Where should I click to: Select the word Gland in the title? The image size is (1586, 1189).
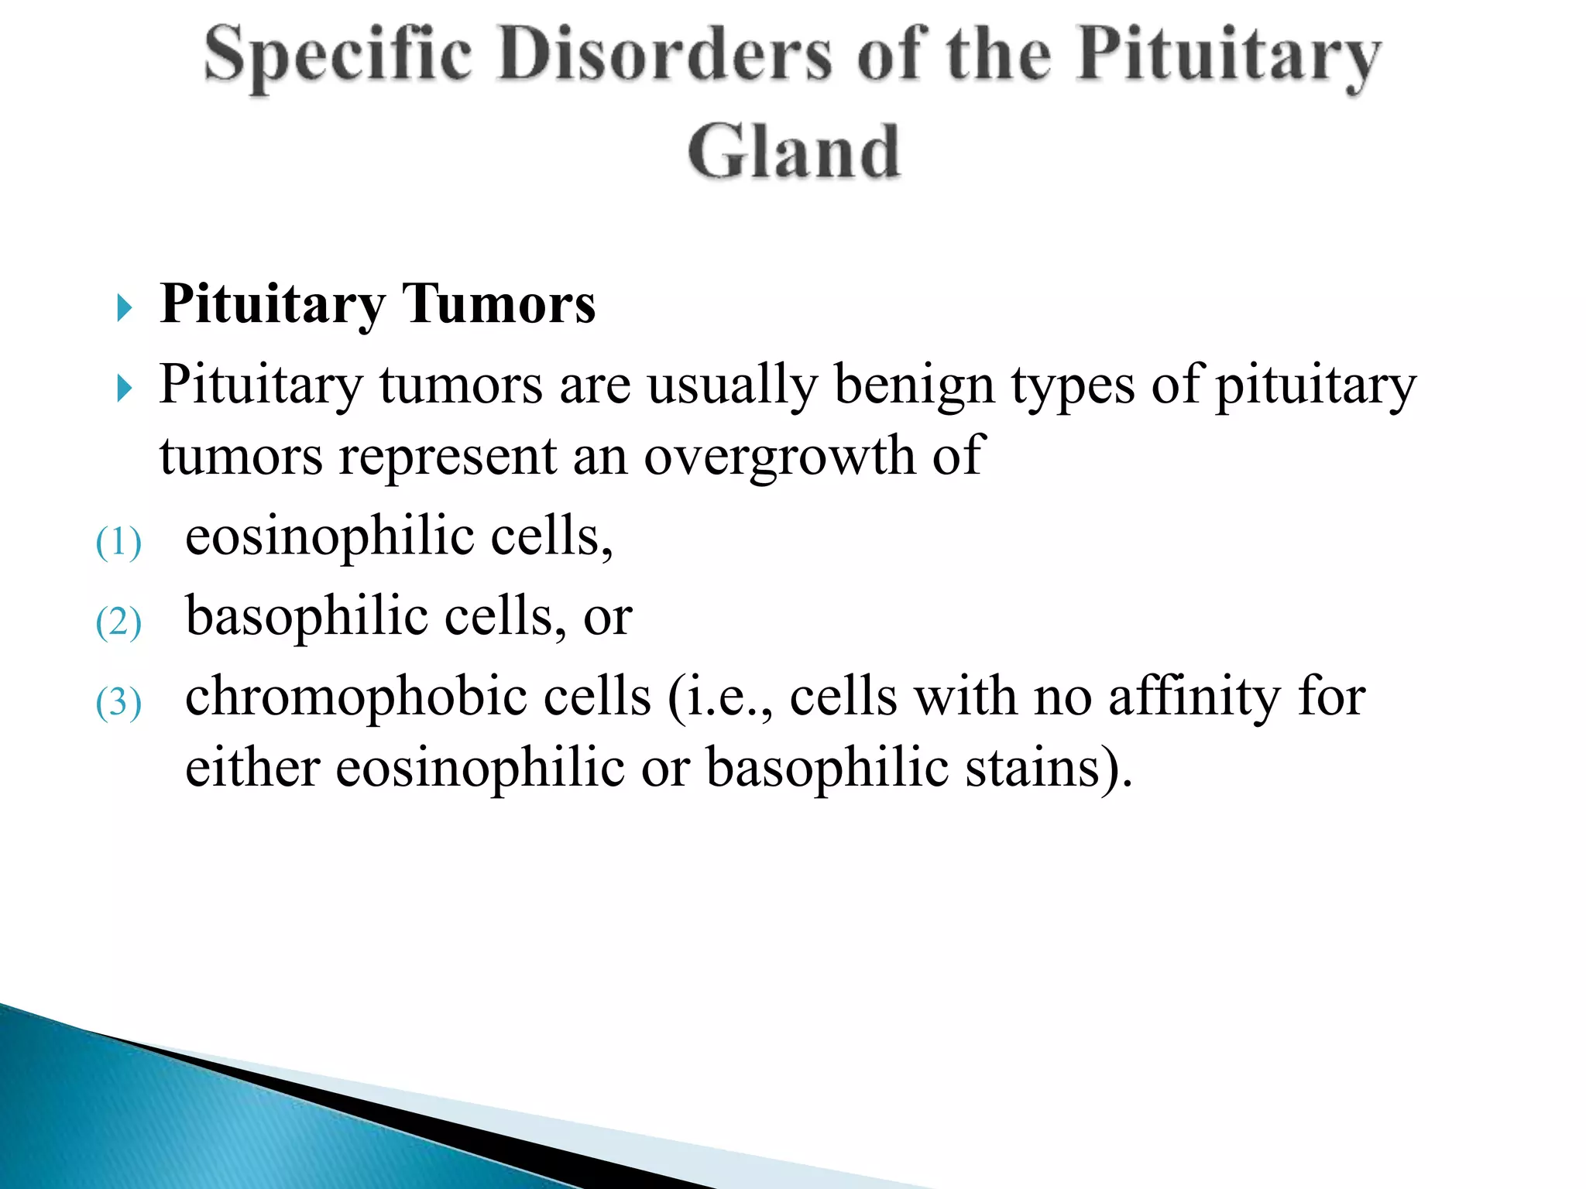point(794,152)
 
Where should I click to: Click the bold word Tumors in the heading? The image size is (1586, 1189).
point(499,303)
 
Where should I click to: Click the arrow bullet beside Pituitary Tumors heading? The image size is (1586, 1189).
point(125,308)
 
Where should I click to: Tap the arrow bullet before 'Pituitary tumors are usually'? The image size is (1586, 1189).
point(125,389)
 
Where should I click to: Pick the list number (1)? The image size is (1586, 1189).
point(118,542)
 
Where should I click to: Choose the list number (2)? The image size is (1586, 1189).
point(118,622)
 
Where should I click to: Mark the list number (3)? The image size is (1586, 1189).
point(118,703)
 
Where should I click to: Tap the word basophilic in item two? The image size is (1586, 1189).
point(307,616)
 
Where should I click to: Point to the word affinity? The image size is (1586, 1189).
point(1194,697)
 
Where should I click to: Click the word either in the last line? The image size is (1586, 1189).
point(252,769)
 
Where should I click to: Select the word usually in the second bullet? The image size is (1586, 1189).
point(732,385)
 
